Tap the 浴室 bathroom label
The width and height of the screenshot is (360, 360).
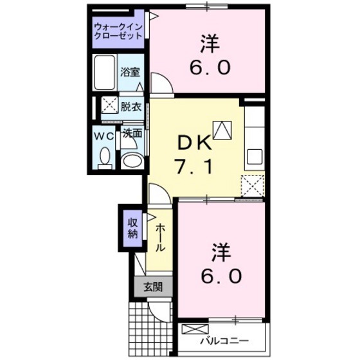[130, 72]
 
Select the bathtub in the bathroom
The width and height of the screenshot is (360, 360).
[105, 72]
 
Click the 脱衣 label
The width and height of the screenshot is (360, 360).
[130, 107]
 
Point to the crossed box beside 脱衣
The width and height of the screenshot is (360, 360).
[108, 106]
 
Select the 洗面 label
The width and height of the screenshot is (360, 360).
[132, 136]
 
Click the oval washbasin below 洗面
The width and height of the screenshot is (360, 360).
[132, 160]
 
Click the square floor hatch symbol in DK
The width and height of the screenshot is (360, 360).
[222, 130]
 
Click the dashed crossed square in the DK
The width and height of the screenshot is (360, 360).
[253, 186]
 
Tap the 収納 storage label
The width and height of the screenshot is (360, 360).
[132, 228]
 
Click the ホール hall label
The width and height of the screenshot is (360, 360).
[159, 239]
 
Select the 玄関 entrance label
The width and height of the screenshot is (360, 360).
[152, 287]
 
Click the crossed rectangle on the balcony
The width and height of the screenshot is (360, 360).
[191, 329]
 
